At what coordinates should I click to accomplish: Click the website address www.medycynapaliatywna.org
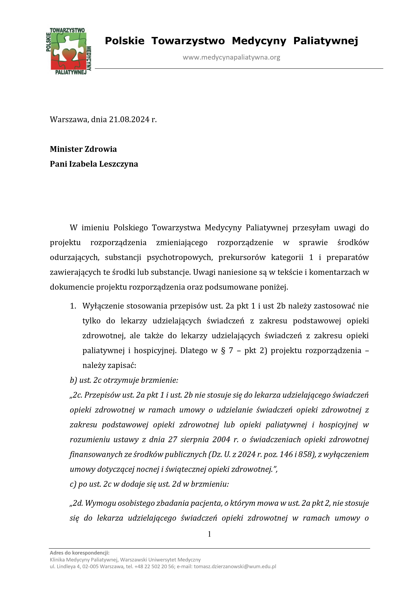231,57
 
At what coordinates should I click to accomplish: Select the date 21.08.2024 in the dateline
129,119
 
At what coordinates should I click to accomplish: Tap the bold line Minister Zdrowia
83,149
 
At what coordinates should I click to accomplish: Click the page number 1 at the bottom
209,534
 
